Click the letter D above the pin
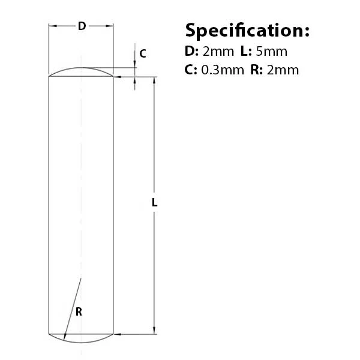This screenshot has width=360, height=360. coord(82,26)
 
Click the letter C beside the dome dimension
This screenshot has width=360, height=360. coord(143,53)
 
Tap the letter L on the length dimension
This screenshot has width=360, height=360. coord(155,203)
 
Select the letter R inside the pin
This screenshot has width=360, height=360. coord(79,312)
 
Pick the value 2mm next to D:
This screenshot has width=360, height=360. coord(218,52)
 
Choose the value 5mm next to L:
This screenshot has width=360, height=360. coord(271,52)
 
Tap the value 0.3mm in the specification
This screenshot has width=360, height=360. coord(223,70)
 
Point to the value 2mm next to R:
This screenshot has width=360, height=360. coord(283,70)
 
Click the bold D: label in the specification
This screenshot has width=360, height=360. coord(191,52)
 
